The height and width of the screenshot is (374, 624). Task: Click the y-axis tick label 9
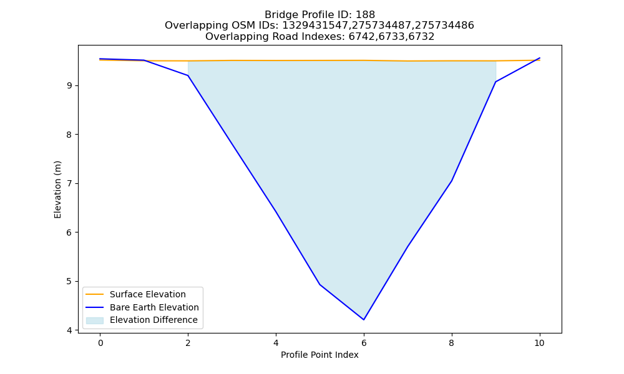(69, 86)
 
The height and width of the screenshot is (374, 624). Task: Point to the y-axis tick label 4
(69, 330)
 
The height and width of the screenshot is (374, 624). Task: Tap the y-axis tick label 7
(69, 184)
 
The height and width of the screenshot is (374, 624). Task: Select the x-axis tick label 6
(364, 343)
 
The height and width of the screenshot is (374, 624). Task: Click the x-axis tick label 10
(539, 343)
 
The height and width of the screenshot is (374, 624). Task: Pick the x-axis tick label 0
(100, 343)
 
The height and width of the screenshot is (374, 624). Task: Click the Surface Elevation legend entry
(135, 294)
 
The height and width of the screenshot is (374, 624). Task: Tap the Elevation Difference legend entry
(142, 320)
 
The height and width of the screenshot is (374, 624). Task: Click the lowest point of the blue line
(364, 320)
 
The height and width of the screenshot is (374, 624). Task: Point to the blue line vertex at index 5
(319, 284)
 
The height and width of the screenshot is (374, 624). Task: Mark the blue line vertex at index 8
(452, 181)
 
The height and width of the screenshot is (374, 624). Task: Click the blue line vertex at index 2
(188, 75)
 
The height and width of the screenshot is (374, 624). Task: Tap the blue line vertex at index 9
(495, 82)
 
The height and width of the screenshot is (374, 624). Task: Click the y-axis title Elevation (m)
(57, 189)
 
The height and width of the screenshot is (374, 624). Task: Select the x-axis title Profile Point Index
(319, 355)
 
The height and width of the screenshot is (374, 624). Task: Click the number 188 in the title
(365, 15)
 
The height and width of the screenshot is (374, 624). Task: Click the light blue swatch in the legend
(95, 320)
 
